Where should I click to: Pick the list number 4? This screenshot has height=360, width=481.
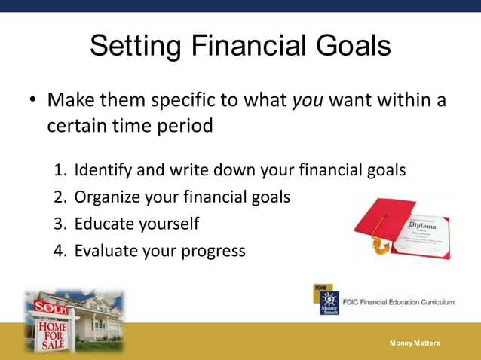60,251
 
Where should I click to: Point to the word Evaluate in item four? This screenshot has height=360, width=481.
106,251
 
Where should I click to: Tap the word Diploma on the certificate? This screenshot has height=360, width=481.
422,224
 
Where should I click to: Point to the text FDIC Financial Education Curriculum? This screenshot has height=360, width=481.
398,302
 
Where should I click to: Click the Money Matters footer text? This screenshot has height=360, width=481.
415,343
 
